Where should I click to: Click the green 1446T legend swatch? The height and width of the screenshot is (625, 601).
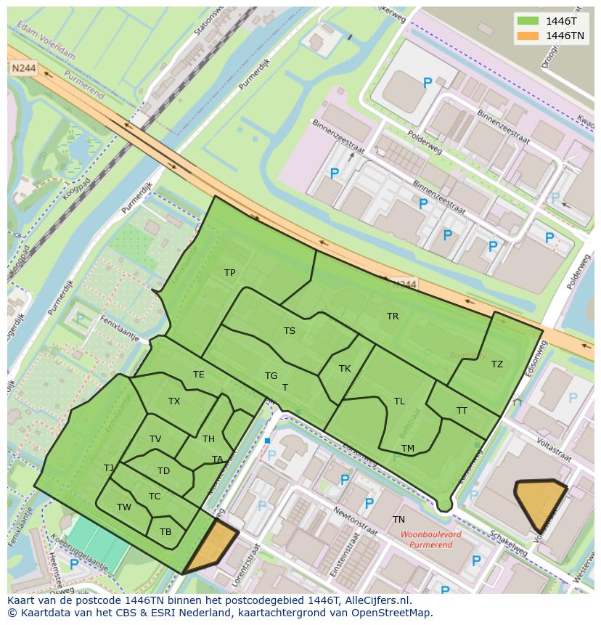[528, 20]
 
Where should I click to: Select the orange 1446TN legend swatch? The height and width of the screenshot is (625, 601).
[528, 35]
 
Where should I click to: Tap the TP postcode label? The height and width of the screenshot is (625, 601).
[229, 273]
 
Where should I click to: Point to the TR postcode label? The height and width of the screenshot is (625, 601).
[393, 316]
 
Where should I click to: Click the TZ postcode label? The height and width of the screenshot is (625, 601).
[496, 364]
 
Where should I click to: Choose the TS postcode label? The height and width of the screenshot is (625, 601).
[289, 331]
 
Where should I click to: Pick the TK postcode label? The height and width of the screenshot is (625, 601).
[345, 369]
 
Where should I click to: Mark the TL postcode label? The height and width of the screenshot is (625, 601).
[399, 401]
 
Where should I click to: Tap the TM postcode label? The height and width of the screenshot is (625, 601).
[408, 449]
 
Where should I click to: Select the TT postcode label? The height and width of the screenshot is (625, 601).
[462, 411]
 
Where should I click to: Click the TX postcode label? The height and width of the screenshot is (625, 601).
[174, 401]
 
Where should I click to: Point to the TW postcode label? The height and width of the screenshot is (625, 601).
[124, 507]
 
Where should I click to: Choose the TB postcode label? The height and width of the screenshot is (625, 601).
[165, 532]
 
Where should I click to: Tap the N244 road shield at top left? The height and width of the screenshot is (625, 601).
[23, 68]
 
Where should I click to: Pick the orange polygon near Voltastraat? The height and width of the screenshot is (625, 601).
[540, 502]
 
